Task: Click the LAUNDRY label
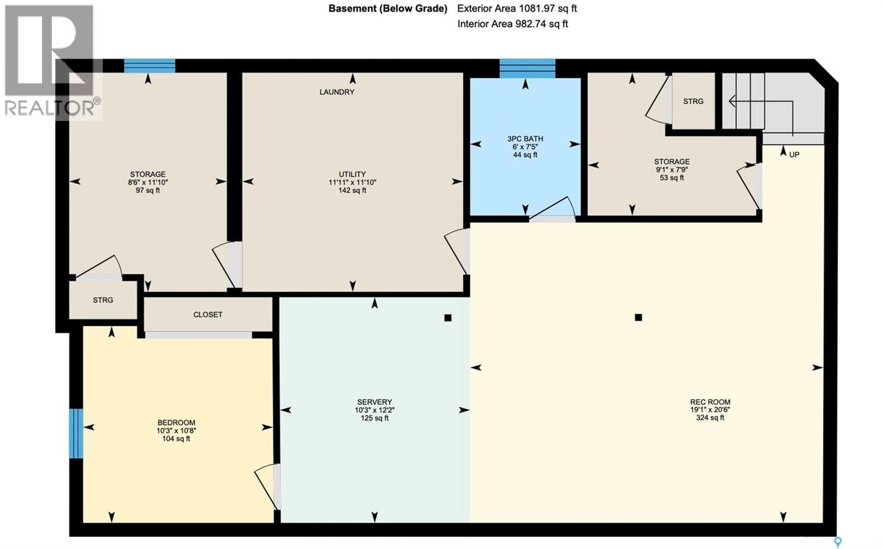[337, 92]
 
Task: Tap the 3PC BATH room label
[525, 139]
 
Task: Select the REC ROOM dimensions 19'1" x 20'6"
[710, 410]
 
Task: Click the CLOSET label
[208, 315]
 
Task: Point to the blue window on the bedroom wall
[76, 434]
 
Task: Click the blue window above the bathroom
[527, 68]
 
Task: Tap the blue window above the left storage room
[150, 66]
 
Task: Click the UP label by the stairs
[794, 155]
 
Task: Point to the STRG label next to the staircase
[693, 101]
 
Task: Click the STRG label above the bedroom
[103, 300]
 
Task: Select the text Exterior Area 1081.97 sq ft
[517, 8]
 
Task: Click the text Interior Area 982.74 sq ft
[512, 24]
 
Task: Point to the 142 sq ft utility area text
[352, 190]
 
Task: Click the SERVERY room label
[374, 402]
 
